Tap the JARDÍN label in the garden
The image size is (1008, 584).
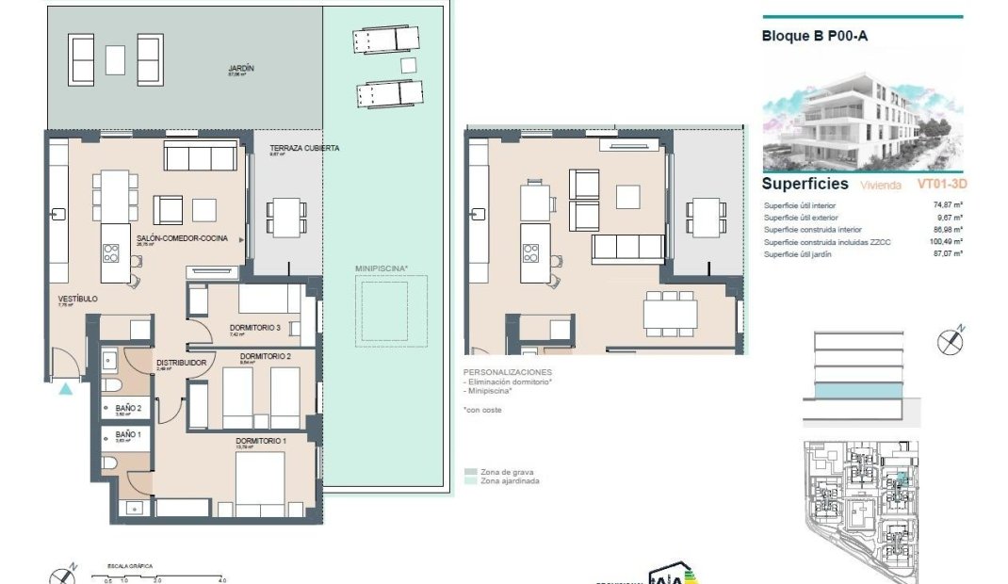(242, 70)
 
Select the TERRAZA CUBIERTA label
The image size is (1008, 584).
(304, 149)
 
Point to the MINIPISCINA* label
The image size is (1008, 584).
(382, 268)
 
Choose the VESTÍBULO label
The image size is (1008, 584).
(77, 299)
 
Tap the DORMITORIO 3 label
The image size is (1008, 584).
(255, 329)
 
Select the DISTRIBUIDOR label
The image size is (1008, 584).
(182, 361)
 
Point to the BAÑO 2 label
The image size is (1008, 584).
(128, 408)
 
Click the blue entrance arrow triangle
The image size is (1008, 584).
(65, 388)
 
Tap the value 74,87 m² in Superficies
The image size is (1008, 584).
(944, 205)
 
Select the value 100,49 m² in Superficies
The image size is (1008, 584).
(942, 242)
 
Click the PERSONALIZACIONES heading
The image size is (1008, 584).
(507, 372)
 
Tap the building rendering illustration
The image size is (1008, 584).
(861, 111)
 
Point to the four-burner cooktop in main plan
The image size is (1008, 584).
(111, 251)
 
